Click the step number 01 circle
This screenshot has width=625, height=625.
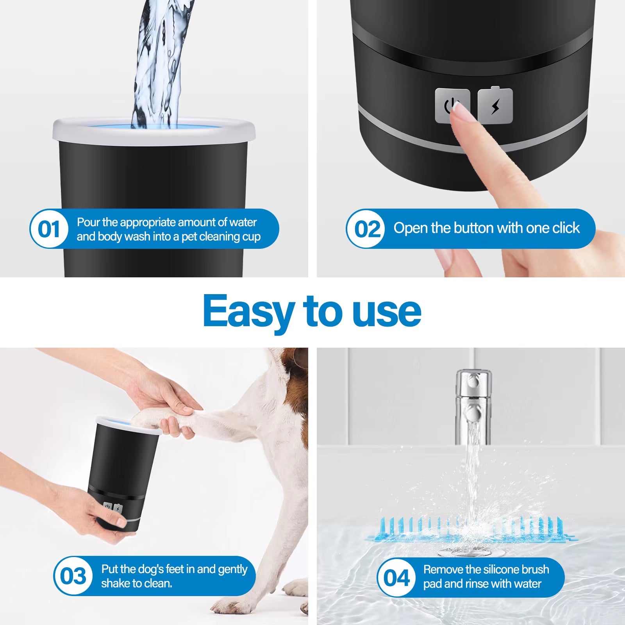click(x=49, y=229)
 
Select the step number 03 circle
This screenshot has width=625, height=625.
click(x=73, y=576)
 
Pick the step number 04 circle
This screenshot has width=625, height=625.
click(x=396, y=577)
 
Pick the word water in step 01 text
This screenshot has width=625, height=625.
click(x=243, y=222)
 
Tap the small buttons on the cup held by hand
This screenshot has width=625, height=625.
click(x=113, y=508)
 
